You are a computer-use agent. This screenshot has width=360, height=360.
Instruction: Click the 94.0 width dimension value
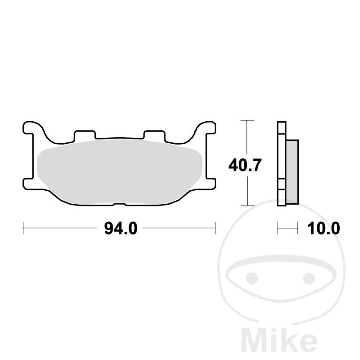(120, 228)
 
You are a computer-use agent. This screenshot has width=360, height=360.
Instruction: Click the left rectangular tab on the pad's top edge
(84, 136)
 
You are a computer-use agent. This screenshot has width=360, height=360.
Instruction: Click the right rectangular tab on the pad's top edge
(154, 136)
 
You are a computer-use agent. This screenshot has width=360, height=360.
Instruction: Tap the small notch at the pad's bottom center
(119, 203)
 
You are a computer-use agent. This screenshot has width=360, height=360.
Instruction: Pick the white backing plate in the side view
(281, 164)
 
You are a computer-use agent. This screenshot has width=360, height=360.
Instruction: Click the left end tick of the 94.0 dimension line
(23, 228)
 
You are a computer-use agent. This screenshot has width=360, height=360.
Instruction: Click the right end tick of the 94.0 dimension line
(215, 228)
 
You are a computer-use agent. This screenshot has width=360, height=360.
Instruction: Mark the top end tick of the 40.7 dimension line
(246, 120)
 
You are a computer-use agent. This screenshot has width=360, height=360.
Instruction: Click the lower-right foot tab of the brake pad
(210, 183)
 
